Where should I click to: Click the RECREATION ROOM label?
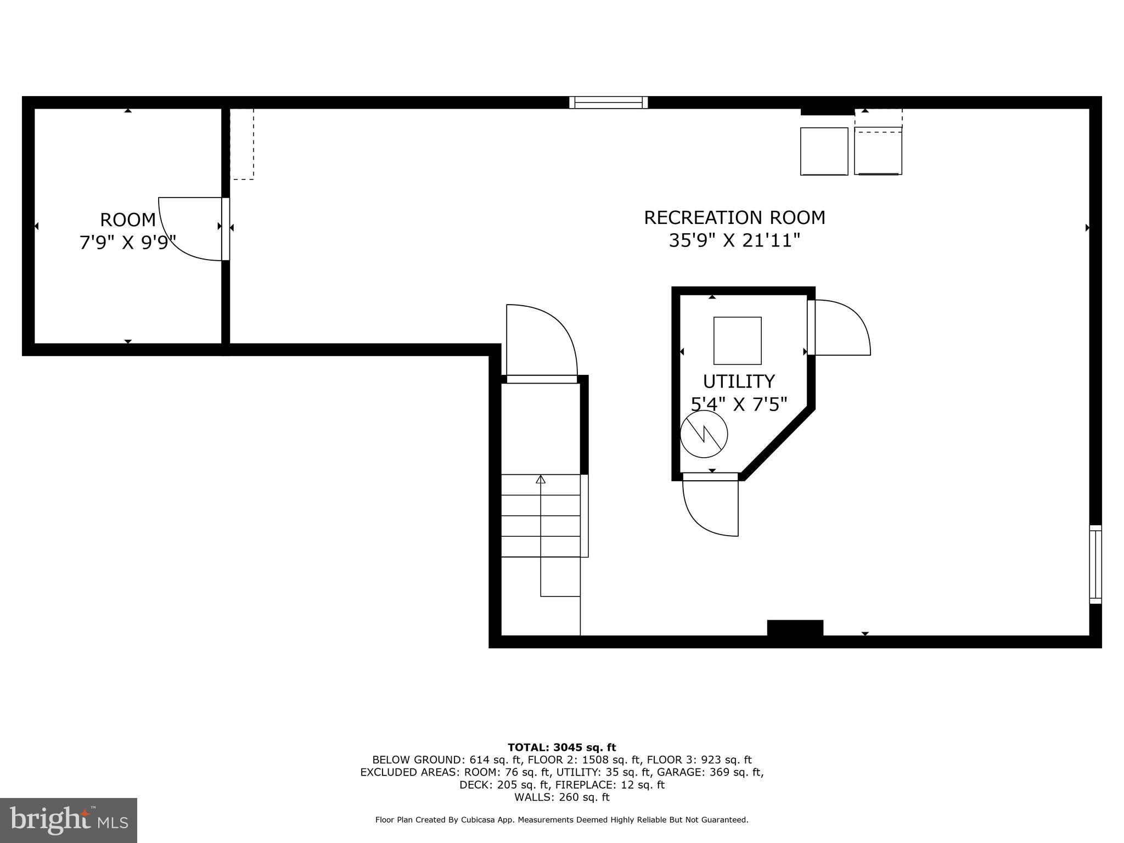pyautogui.click(x=734, y=218)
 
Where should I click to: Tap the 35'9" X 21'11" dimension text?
pyautogui.click(x=734, y=240)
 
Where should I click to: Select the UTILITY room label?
pyautogui.click(x=739, y=381)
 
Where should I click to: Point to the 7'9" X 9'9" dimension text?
pyautogui.click(x=128, y=242)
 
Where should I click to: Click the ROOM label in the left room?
pyautogui.click(x=128, y=220)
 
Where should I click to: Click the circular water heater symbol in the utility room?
pyautogui.click(x=704, y=434)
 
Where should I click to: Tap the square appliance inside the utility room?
pyautogui.click(x=737, y=341)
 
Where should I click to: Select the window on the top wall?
pyautogui.click(x=608, y=103)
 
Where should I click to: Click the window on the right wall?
pyautogui.click(x=1095, y=564)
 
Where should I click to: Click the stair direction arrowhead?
pyautogui.click(x=541, y=480)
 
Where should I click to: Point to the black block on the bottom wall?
pyautogui.click(x=795, y=628)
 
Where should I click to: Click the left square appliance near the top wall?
pyautogui.click(x=824, y=151)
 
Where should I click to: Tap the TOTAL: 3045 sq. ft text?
pyautogui.click(x=561, y=748)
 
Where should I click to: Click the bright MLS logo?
pyautogui.click(x=69, y=820)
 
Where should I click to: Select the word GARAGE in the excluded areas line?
pyautogui.click(x=677, y=772)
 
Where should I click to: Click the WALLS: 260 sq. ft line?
pyautogui.click(x=561, y=797)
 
